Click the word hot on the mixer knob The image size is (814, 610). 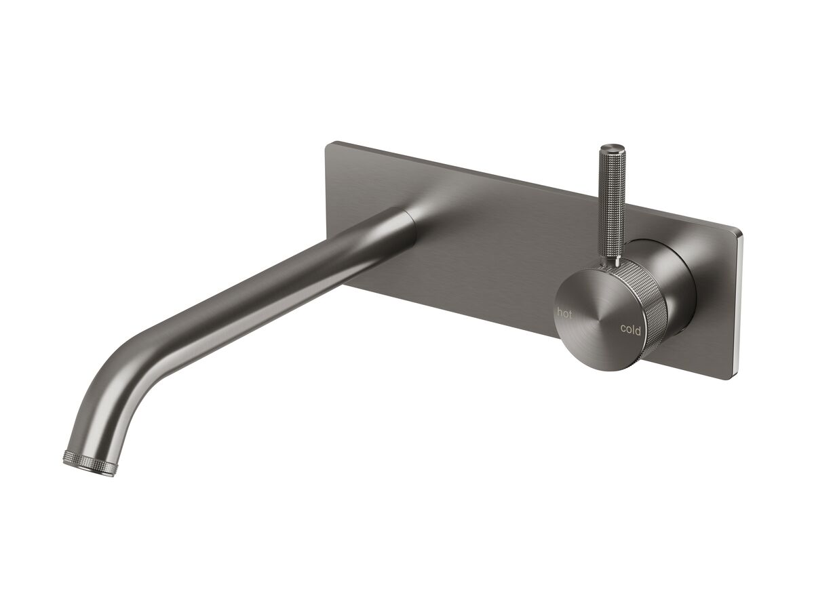click(x=564, y=312)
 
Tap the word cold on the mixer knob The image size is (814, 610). click(x=630, y=329)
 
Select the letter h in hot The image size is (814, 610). click(x=560, y=312)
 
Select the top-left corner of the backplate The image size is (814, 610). click(x=330, y=144)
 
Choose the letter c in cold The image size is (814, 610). click(x=623, y=329)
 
